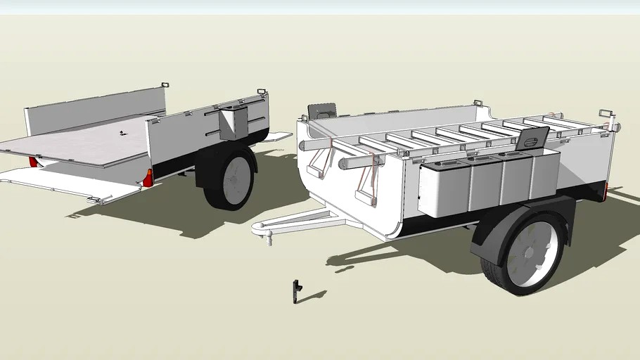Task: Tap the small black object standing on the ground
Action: pos(297,290)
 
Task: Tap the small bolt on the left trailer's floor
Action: pos(122,134)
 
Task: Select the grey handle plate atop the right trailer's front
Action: pos(323,111)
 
